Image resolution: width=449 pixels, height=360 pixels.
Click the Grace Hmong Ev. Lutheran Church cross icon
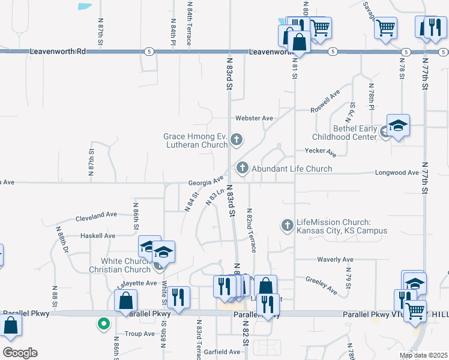236,140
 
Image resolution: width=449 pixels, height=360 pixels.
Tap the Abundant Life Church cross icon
243,168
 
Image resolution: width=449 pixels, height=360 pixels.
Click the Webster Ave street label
254,118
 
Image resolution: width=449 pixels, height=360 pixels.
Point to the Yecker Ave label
319,151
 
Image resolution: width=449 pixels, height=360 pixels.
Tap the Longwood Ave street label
396,173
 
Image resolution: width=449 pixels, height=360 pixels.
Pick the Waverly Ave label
335,259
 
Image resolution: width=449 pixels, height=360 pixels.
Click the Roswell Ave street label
325,101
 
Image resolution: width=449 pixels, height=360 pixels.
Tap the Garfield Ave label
221,352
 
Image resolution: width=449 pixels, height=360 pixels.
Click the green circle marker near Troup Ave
104,325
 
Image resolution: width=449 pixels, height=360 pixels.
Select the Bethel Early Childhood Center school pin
398,126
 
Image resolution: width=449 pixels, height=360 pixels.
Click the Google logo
20,353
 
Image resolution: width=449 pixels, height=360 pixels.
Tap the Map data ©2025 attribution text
423,355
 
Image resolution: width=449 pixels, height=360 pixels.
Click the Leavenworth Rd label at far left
58,52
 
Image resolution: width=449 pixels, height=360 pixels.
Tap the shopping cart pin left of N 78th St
385,26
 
